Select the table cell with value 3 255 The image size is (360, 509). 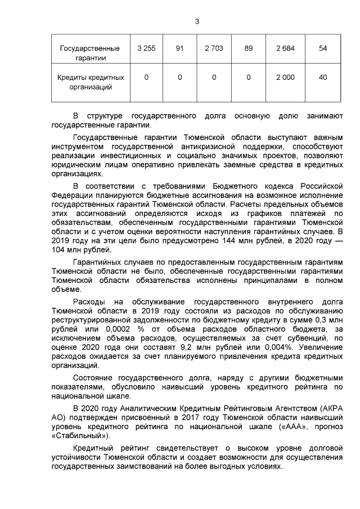pos(146,48)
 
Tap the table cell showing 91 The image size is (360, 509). pos(180,48)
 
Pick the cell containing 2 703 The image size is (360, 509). pos(214,48)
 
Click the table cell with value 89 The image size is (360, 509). pos(248,48)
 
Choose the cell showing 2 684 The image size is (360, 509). pos(285,48)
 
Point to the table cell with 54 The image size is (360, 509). pos(323,48)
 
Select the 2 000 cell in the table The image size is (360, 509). pos(285,78)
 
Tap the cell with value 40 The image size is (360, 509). pos(323,78)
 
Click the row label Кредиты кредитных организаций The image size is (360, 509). pos(91,82)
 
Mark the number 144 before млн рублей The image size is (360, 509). pos(205,241)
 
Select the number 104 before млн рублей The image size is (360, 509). pos(58,250)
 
